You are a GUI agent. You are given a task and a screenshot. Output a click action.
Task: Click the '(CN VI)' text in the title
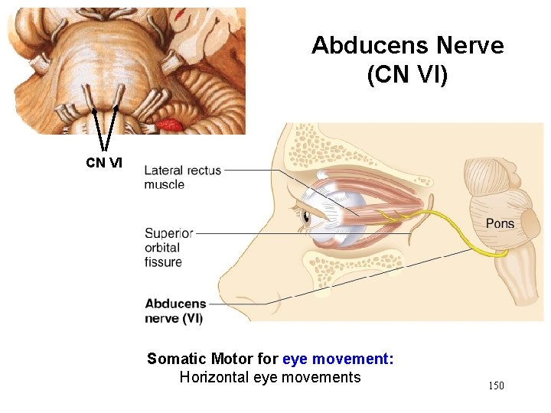click(x=407, y=76)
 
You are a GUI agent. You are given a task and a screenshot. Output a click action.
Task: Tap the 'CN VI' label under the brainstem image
click(x=103, y=162)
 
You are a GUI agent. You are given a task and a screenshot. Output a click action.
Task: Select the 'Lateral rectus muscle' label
click(x=182, y=177)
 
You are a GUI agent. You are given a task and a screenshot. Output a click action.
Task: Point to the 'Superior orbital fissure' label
click(x=168, y=247)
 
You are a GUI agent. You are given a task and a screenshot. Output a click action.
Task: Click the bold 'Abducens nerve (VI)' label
click(x=175, y=311)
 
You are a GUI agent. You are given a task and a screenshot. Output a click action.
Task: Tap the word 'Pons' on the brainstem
click(x=500, y=223)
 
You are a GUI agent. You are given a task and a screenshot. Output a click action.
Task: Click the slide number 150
click(x=496, y=385)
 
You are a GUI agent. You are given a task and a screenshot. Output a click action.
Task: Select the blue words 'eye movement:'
click(x=337, y=359)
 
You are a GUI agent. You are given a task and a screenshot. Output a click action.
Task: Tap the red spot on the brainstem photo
click(x=169, y=123)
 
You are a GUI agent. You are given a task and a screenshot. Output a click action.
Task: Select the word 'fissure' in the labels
click(x=163, y=262)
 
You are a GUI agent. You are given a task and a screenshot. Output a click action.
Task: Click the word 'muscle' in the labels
click(x=165, y=184)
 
